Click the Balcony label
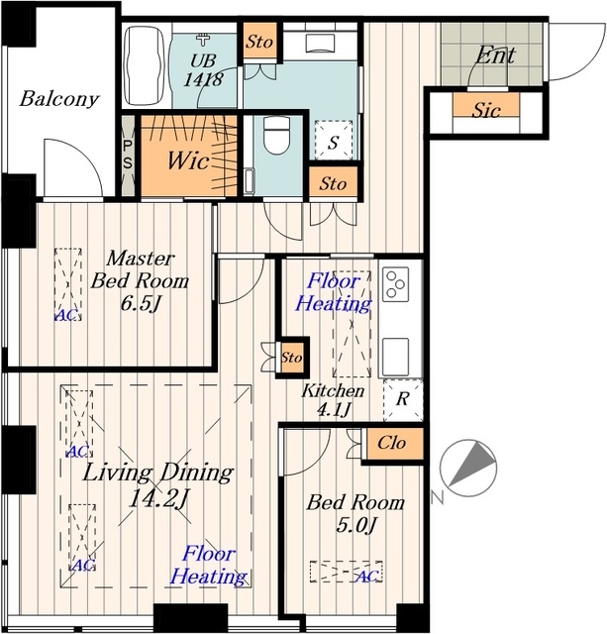point(59,99)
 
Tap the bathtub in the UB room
point(144,66)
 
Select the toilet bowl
point(276,135)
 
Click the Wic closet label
point(188,160)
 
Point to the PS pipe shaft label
point(128,155)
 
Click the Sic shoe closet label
point(486,110)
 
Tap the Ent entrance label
point(495,55)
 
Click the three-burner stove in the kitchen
point(396,284)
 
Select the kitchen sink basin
point(395,357)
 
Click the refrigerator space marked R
point(403,399)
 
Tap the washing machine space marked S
point(333,140)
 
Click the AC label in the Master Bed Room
point(65,315)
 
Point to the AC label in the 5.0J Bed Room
point(367,577)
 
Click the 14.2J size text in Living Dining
point(157,499)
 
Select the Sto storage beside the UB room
point(259,42)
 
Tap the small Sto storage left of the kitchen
point(291,358)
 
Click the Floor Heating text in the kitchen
point(334,292)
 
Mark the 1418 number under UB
point(203,79)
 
